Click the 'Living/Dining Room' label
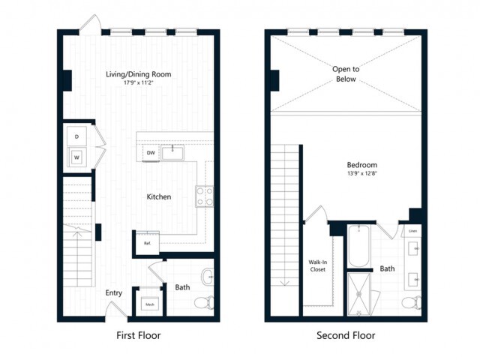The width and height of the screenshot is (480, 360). coord(138,73)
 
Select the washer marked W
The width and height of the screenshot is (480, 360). coord(76,157)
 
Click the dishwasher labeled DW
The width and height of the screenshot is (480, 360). coord(151,153)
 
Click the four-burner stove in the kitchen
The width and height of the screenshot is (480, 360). coord(205,196)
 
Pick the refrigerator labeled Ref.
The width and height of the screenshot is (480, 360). coord(146,242)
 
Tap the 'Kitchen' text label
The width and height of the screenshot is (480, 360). coord(158,197)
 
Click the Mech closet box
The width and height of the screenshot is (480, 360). coord(149,304)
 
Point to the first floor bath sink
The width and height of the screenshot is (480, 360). coord(208,276)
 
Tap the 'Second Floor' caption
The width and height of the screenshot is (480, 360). coord(346,335)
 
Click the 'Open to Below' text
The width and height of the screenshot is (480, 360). coord(346,73)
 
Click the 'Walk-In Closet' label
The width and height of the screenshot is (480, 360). coord(317,265)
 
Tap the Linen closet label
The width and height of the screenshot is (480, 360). coord(413,230)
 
